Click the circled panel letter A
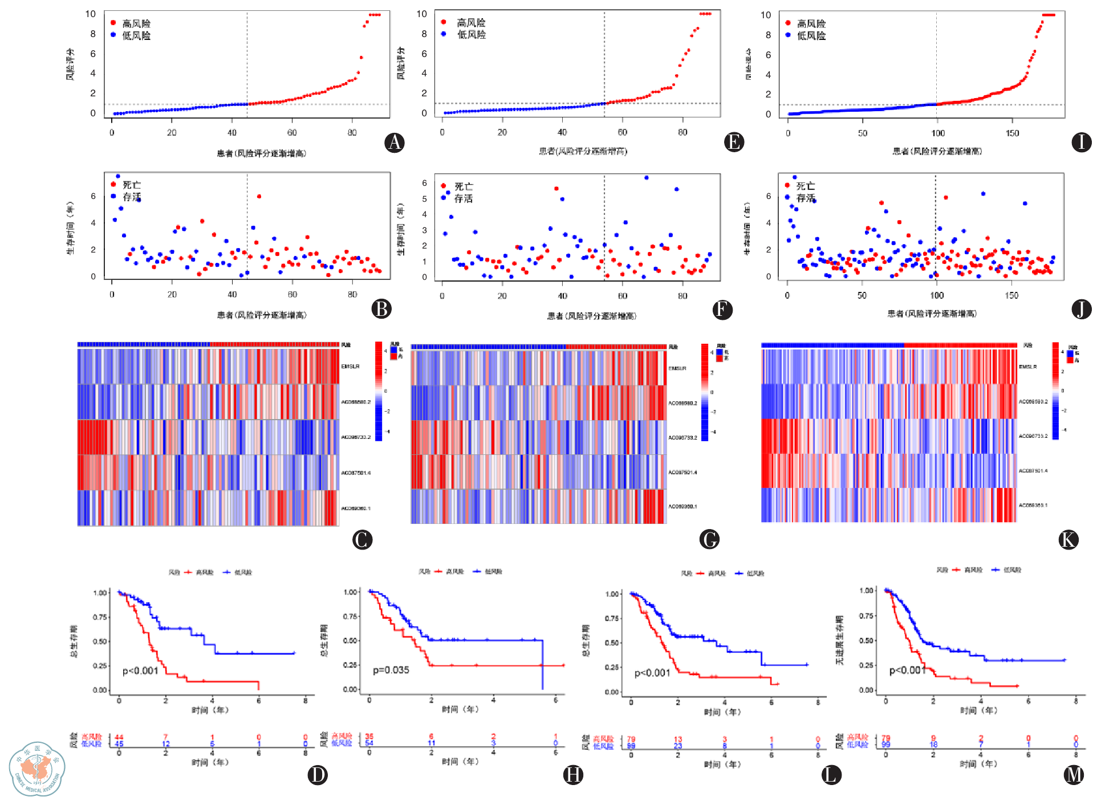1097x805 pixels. point(395,142)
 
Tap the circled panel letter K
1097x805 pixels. point(1068,539)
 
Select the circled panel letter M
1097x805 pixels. point(1074,774)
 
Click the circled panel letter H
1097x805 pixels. point(573,774)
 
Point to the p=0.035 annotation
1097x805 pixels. point(391,670)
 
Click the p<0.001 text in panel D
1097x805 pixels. point(140,670)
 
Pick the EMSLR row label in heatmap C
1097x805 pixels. point(350,367)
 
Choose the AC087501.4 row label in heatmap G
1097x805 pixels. point(682,472)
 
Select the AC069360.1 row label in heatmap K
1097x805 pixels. point(1033,505)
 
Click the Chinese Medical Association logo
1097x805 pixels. point(37,769)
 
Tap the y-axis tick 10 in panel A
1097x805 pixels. point(90,14)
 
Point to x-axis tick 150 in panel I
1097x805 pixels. point(1012,133)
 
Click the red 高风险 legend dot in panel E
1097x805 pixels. point(444,22)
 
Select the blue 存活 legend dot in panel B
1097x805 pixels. point(113,197)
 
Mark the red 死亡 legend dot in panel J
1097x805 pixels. point(787,185)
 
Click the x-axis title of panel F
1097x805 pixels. point(592,316)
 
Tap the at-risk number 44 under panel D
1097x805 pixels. point(119,737)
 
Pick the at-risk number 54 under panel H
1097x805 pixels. point(369,743)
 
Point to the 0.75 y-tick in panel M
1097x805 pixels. point(866,616)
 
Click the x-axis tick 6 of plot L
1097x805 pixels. point(771,702)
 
